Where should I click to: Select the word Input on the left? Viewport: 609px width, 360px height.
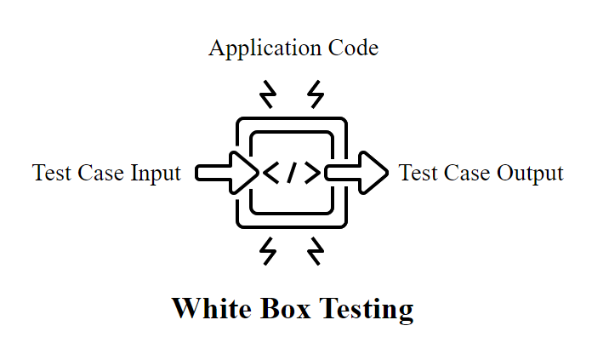tap(157, 173)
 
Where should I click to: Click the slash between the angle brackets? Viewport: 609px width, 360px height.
tap(292, 173)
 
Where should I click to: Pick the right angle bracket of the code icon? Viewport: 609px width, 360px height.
tap(312, 173)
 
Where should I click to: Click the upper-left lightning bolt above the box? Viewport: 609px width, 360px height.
tap(268, 94)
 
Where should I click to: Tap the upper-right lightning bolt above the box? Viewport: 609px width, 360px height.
tap(316, 94)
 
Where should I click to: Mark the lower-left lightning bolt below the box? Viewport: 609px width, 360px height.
tap(268, 251)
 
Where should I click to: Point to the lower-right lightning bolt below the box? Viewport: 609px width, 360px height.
tap(316, 251)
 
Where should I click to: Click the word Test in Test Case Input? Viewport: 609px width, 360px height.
tap(50, 173)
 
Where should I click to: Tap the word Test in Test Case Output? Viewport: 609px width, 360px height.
tap(417, 173)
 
